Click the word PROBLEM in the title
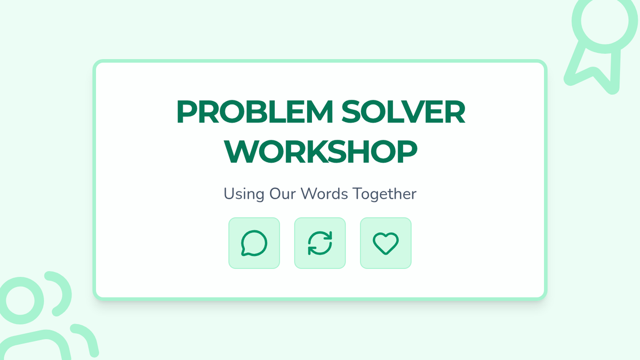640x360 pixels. (255, 111)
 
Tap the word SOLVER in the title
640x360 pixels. (403, 111)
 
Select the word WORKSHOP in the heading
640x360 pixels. (321, 151)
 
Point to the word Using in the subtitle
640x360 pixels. (244, 194)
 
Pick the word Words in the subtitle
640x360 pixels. (324, 194)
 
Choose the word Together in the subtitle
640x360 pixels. (385, 194)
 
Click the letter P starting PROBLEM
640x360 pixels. (187, 111)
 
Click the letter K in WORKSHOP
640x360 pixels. (322, 151)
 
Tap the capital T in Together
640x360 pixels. (358, 194)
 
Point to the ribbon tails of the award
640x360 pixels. (594, 72)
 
